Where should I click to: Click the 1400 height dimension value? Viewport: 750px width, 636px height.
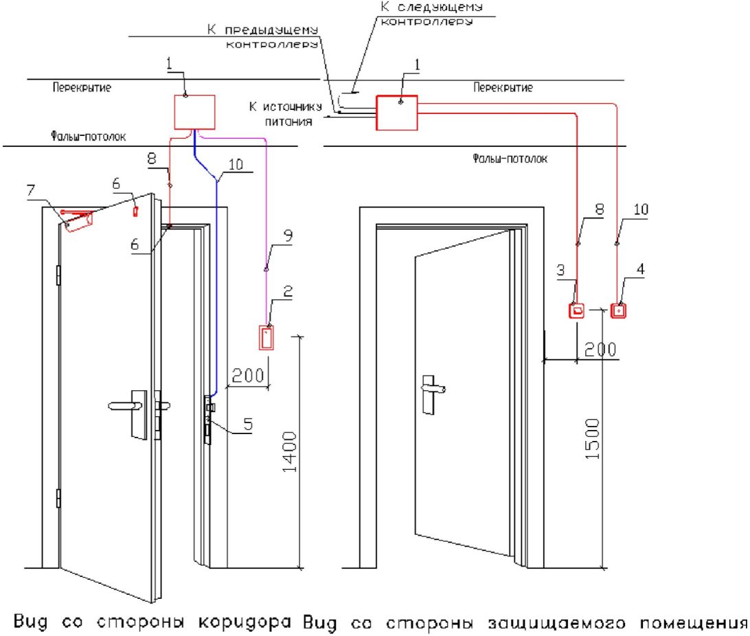click(x=290, y=452)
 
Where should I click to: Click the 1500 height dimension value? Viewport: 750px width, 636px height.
click(x=592, y=439)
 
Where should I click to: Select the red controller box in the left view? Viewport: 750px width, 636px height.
click(x=194, y=113)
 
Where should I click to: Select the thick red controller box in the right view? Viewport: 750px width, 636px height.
click(x=397, y=113)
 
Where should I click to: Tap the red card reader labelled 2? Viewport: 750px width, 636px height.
click(x=266, y=338)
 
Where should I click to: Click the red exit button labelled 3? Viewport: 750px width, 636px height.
click(x=577, y=311)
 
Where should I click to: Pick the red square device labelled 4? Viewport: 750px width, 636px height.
click(x=618, y=311)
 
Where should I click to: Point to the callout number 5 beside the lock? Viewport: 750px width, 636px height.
click(x=248, y=424)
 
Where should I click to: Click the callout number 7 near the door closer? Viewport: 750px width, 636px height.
click(x=31, y=191)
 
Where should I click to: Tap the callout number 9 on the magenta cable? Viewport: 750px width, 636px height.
click(x=288, y=236)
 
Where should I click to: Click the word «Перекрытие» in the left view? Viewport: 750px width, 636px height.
click(x=82, y=87)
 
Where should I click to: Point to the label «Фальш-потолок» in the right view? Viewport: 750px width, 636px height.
click(x=510, y=159)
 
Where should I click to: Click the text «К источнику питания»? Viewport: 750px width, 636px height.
click(x=286, y=114)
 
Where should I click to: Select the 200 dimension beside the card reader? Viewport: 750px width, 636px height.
click(x=248, y=376)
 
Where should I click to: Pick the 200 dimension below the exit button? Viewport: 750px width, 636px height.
click(x=600, y=350)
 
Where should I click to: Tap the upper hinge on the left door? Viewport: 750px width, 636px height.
click(x=58, y=275)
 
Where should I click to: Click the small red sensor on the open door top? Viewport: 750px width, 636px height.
click(x=135, y=210)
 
